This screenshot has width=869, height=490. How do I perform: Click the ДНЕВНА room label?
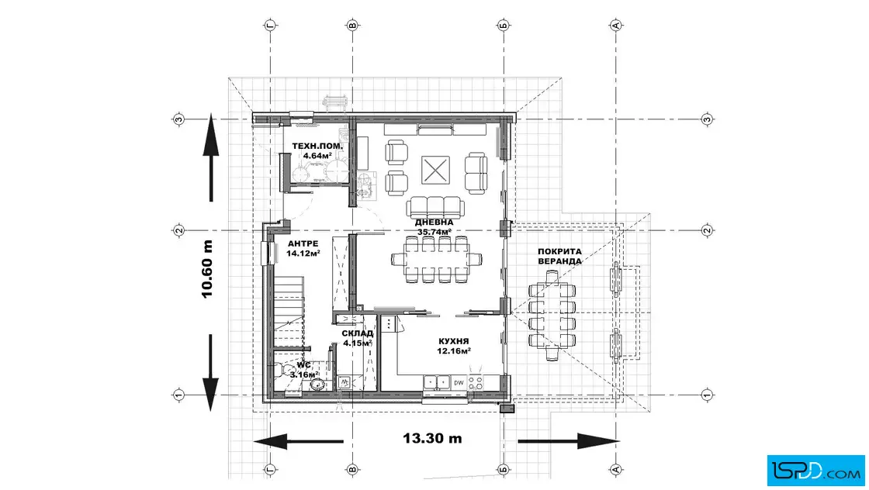pyautogui.click(x=434, y=223)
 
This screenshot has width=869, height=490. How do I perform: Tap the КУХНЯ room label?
pyautogui.click(x=453, y=342)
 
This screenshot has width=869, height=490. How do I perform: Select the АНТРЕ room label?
pyautogui.click(x=303, y=243)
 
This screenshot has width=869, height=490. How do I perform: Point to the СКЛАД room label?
pyautogui.click(x=357, y=333)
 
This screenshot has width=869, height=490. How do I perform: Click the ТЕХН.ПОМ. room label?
pyautogui.click(x=317, y=147)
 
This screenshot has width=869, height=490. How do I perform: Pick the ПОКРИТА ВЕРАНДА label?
pyautogui.click(x=559, y=257)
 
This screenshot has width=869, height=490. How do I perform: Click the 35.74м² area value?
pyautogui.click(x=434, y=232)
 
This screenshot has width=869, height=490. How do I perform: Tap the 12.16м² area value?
pyautogui.click(x=453, y=351)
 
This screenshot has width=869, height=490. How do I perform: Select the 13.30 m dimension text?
pyautogui.click(x=432, y=439)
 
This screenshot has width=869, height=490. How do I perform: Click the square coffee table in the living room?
pyautogui.click(x=435, y=170)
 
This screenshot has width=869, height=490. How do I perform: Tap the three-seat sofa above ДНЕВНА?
pyautogui.click(x=435, y=207)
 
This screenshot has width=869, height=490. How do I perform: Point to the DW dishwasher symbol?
pyautogui.click(x=459, y=382)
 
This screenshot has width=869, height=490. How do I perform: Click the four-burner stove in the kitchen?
pyautogui.click(x=476, y=382)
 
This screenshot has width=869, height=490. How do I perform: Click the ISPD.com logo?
pyautogui.click(x=815, y=471)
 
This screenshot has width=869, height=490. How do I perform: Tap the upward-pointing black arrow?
pyautogui.click(x=211, y=157)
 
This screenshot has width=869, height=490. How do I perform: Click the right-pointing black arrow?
pyautogui.click(x=568, y=441)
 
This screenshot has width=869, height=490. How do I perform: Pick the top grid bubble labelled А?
pyautogui.click(x=616, y=25)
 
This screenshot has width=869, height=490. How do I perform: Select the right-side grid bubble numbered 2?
pyautogui.click(x=707, y=229)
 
